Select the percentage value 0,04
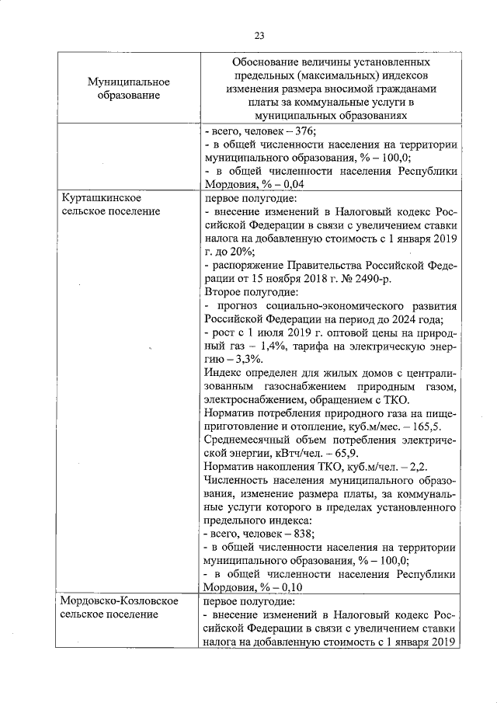coord(294,184)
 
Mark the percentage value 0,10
coord(292,587)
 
